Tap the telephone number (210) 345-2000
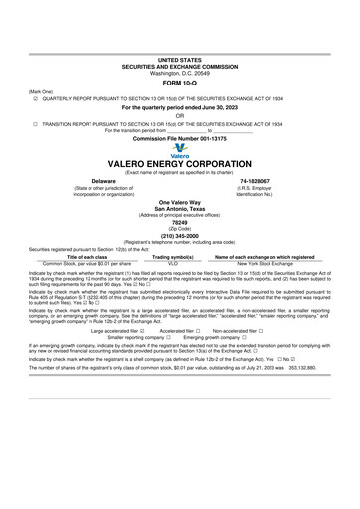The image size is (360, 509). [180, 236]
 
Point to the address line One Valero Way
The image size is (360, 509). [180, 201]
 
